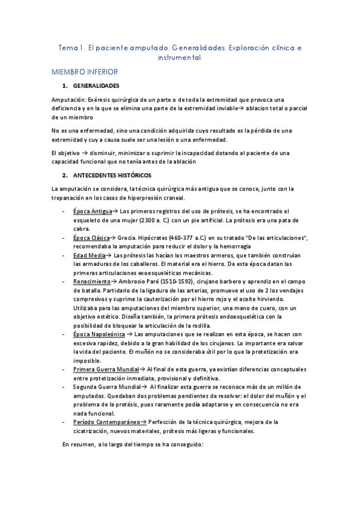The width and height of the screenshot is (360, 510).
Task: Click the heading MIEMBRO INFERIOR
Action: [88, 72]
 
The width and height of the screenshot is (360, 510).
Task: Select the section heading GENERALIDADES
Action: [96, 86]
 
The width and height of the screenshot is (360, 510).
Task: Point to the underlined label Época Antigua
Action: [92, 211]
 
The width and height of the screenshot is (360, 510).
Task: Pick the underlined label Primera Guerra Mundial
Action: [106, 369]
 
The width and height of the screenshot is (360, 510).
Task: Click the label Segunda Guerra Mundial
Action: [107, 387]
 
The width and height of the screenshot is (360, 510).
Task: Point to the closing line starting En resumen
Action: [133, 445]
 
